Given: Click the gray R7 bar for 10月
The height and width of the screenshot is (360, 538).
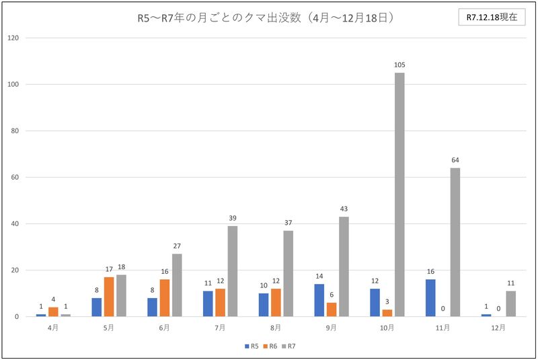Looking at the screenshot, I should [x=399, y=194].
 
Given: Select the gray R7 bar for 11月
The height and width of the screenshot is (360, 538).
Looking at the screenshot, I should [x=455, y=242].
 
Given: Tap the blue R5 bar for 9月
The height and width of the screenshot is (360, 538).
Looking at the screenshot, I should [x=319, y=300].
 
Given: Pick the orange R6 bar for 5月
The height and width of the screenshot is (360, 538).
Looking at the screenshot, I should [x=109, y=297].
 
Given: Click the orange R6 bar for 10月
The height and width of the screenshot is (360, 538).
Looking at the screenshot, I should [x=387, y=313].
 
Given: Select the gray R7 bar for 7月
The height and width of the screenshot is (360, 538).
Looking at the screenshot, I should [x=233, y=271].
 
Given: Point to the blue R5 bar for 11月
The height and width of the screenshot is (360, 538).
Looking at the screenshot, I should [x=430, y=298].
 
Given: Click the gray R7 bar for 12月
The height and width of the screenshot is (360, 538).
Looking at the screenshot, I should [x=511, y=303].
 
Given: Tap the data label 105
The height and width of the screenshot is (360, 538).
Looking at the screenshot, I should [x=399, y=65].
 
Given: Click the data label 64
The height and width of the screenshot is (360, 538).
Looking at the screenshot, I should [x=455, y=160].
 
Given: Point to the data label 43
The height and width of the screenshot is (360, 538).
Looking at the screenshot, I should [x=344, y=209].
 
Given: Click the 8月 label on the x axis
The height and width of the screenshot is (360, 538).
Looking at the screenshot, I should [x=276, y=328].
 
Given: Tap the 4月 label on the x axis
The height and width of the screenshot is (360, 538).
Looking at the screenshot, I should [x=53, y=328].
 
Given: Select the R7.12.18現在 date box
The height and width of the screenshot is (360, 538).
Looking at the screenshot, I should [x=492, y=18].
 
